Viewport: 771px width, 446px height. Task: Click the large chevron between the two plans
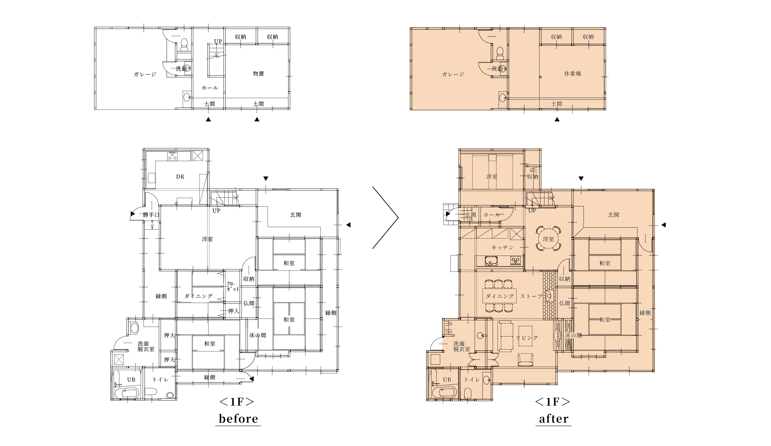click(398, 218)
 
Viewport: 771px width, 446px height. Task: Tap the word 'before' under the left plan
click(238, 418)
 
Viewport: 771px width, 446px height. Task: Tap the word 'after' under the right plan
click(553, 418)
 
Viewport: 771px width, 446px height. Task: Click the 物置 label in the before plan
click(258, 73)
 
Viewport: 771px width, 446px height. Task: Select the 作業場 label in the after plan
click(572, 73)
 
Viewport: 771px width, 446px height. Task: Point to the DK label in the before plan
click(180, 177)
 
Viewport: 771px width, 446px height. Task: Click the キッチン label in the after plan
click(502, 247)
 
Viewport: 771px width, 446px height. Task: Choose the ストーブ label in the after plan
click(531, 296)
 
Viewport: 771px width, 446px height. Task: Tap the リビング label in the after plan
click(527, 338)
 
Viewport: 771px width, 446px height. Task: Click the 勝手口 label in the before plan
click(151, 215)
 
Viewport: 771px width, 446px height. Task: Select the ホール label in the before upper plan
click(210, 88)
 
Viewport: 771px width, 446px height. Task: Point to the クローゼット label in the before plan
click(233, 286)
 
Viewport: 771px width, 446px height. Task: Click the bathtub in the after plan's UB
click(444, 392)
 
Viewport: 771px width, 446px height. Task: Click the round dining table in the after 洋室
click(548, 239)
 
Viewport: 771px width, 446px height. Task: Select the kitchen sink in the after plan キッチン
click(491, 261)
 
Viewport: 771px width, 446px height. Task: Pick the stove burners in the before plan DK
click(172, 156)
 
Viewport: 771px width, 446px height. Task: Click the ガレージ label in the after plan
click(453, 74)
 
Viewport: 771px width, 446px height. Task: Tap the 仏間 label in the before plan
click(249, 303)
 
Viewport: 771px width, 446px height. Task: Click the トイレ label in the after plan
click(472, 379)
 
